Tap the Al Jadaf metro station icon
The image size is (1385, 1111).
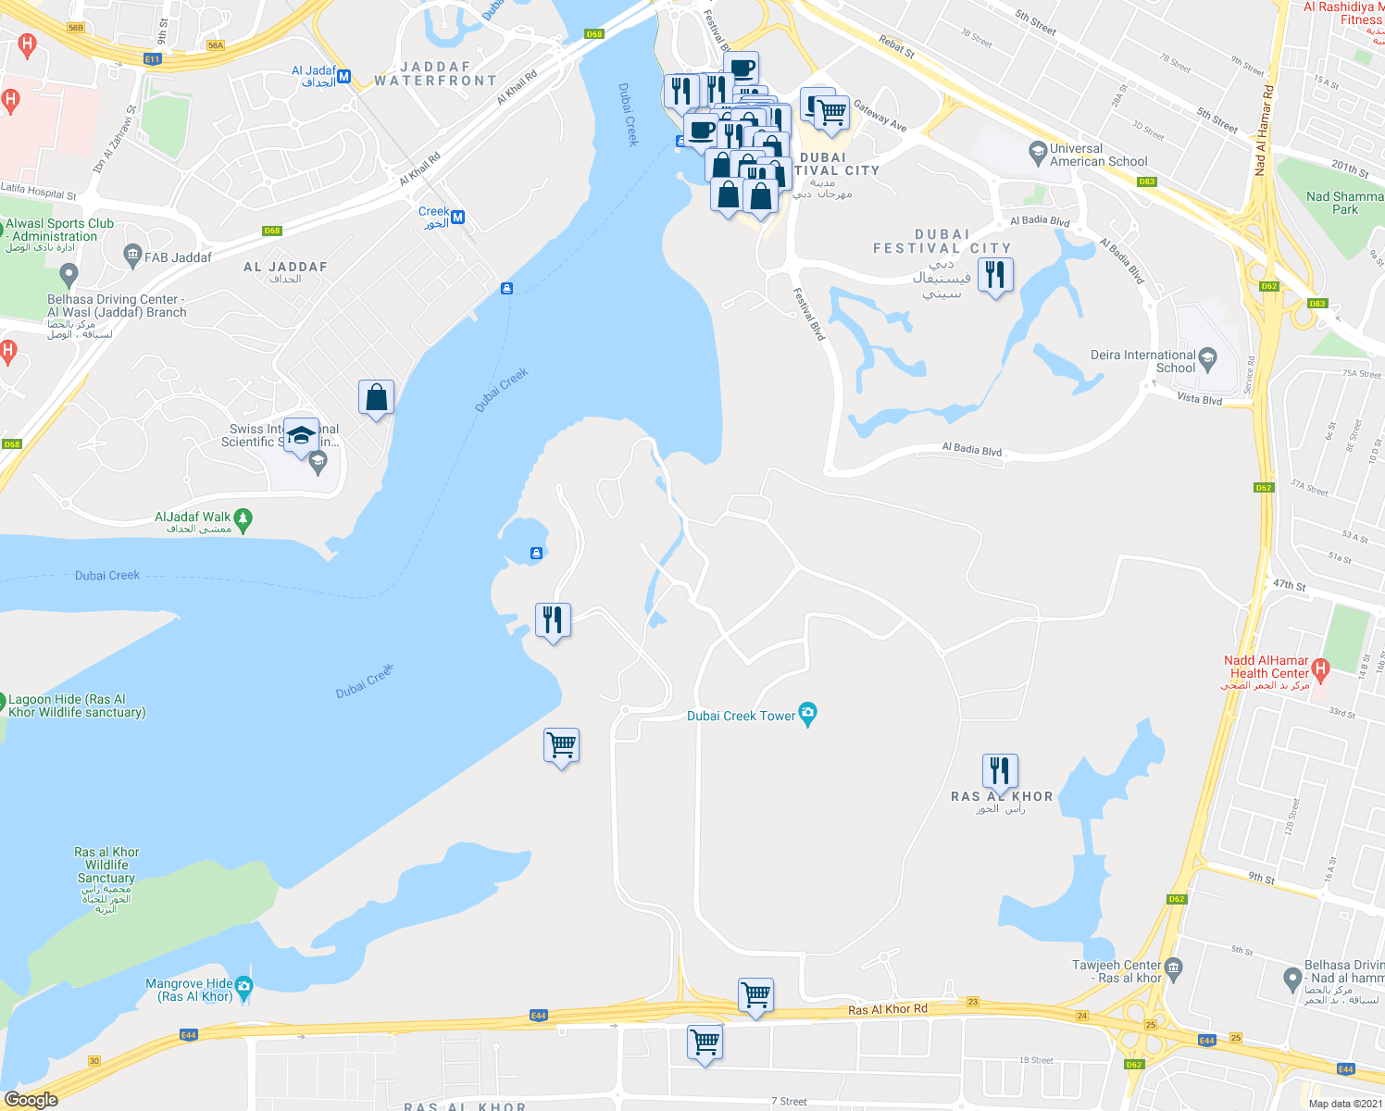(x=343, y=77)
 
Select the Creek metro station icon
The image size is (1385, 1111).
(x=457, y=218)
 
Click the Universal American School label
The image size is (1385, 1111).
(x=1098, y=155)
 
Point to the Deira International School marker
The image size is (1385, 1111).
(x=1207, y=357)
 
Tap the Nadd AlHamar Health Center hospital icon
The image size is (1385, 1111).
(x=1320, y=668)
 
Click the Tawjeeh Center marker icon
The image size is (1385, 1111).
(x=1174, y=967)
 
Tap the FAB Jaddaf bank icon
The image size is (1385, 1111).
(x=132, y=254)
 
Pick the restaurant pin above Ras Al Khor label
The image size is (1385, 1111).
(x=999, y=770)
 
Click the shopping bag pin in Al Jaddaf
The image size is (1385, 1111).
(x=376, y=397)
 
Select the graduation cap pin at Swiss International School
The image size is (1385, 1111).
(x=301, y=436)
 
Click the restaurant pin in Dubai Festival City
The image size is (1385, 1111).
(x=995, y=275)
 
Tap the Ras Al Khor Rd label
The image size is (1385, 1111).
(x=887, y=1009)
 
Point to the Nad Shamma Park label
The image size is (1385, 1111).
(x=1344, y=203)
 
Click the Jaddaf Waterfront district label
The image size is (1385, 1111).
(x=435, y=74)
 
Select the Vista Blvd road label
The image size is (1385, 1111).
(x=1199, y=400)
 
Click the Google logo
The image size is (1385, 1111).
(x=31, y=1100)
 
